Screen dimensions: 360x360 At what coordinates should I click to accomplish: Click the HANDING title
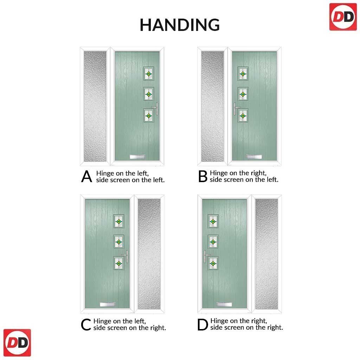click(x=180, y=25)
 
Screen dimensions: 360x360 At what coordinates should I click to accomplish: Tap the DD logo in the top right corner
click(x=343, y=17)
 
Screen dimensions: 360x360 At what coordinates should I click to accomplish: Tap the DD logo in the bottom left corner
click(x=17, y=343)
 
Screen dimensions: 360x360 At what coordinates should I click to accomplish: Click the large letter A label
click(x=86, y=176)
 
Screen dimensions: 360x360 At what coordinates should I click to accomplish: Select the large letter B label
click(x=203, y=176)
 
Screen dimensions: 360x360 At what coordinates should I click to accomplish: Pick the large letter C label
click(x=86, y=324)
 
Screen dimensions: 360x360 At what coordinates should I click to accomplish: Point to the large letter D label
click(x=202, y=324)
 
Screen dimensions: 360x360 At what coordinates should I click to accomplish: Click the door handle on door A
click(x=156, y=109)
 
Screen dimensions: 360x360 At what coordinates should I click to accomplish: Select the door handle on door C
click(x=126, y=256)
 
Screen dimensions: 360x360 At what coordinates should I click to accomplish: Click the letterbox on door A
click(x=137, y=157)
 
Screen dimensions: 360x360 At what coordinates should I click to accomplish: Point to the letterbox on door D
click(x=224, y=305)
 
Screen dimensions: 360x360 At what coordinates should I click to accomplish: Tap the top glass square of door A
click(x=149, y=74)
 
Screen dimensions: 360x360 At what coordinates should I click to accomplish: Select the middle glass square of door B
click(x=243, y=94)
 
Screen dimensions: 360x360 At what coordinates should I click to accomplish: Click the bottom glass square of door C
click(x=119, y=263)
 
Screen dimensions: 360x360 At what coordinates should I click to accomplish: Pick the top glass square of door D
click(x=213, y=221)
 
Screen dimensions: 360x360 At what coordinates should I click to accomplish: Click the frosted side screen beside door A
click(x=95, y=106)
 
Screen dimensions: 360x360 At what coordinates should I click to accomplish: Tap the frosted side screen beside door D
click(x=266, y=254)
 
